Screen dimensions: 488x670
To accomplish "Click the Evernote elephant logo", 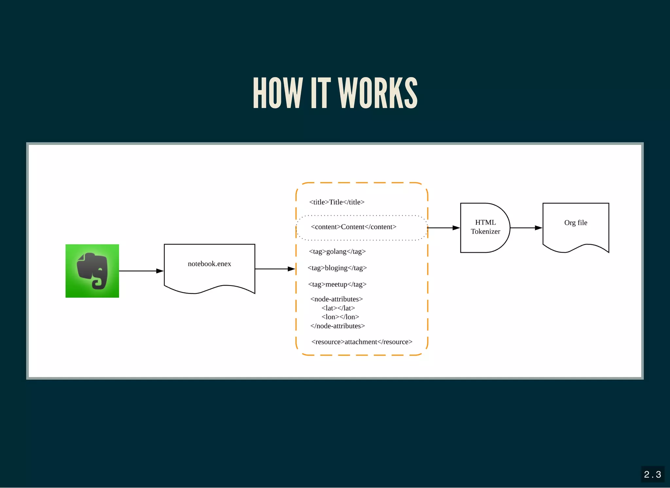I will pyautogui.click(x=92, y=271).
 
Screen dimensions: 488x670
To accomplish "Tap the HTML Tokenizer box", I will pyautogui.click(x=485, y=227).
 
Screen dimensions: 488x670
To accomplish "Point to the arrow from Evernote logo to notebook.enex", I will pyautogui.click(x=141, y=271).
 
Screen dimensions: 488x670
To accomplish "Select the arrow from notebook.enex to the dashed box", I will pyautogui.click(x=275, y=269).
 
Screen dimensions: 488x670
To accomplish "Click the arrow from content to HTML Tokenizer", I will pyautogui.click(x=443, y=227).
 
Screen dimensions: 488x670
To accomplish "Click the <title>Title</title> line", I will pyautogui.click(x=337, y=202).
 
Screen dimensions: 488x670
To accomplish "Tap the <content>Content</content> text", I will pyautogui.click(x=353, y=227).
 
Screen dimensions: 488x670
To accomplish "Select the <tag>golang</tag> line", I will pyautogui.click(x=337, y=251).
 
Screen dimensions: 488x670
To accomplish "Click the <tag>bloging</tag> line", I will pyautogui.click(x=337, y=268).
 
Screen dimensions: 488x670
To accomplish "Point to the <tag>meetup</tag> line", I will pyautogui.click(x=337, y=284).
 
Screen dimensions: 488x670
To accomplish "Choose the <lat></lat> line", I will pyautogui.click(x=338, y=308).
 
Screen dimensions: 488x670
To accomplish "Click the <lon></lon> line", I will pyautogui.click(x=340, y=317).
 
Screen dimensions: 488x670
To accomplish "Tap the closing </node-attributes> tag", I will pyautogui.click(x=337, y=326).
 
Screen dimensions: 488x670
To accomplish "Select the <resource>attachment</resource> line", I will pyautogui.click(x=361, y=342).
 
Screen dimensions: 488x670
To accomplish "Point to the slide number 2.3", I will pyautogui.click(x=652, y=474).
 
